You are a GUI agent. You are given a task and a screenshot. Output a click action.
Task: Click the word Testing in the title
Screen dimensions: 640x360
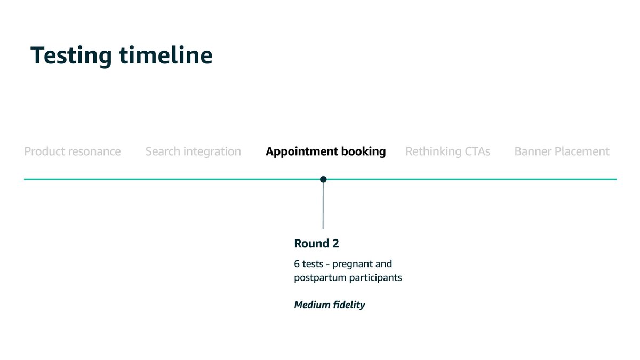point(71,56)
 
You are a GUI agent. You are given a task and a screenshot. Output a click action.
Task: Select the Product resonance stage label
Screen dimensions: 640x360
point(73,151)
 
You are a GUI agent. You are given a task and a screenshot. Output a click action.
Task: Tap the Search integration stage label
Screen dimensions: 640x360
point(193,151)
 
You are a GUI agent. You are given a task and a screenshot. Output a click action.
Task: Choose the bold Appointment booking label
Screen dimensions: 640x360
point(326,151)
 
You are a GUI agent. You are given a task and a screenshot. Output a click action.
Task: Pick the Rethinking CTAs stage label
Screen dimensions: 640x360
point(447,151)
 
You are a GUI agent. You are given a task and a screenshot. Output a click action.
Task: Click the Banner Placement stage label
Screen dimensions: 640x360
point(562,151)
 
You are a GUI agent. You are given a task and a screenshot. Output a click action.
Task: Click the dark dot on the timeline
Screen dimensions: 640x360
point(323,179)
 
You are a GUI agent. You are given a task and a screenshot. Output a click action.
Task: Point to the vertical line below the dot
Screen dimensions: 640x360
point(323,206)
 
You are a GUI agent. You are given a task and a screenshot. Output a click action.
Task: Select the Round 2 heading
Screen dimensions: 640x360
point(317,244)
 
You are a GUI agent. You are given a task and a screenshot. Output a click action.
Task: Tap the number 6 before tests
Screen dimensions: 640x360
point(297,264)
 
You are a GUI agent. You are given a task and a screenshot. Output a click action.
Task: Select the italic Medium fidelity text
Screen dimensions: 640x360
point(330,305)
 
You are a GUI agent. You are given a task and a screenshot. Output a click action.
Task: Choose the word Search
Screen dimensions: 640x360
point(163,151)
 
